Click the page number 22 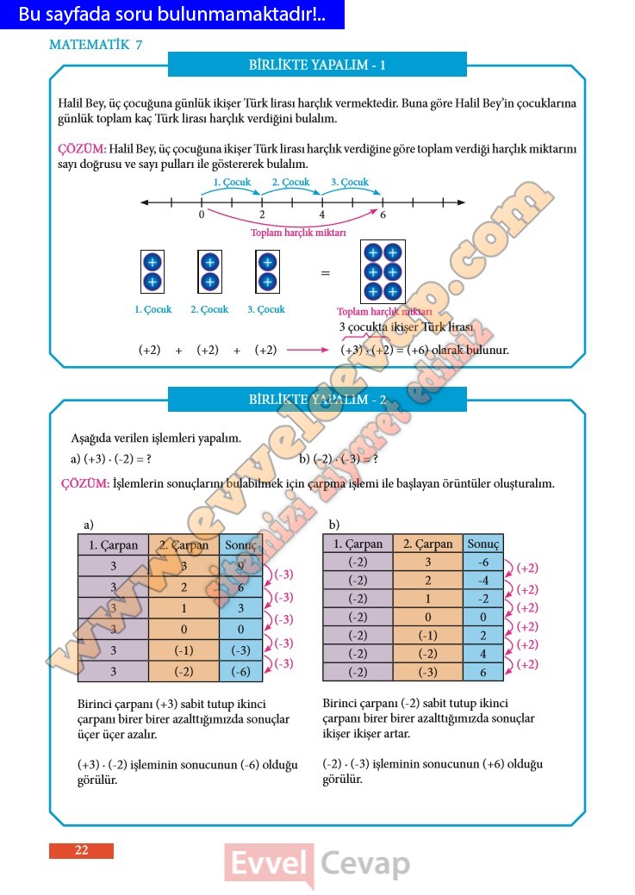coord(81,850)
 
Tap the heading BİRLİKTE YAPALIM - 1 coord(317,65)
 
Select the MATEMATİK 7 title coord(96,45)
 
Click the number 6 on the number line coord(383,215)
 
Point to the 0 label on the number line coord(202,215)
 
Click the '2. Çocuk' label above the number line coord(290,183)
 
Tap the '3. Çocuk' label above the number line coord(350,183)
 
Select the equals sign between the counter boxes coord(326,273)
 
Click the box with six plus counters coord(383,272)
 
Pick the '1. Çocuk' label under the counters coord(153,309)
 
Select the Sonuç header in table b coord(482,544)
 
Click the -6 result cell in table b coord(482,562)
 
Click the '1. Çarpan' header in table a coord(113,544)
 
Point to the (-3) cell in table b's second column coord(427,672)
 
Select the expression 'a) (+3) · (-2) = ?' coord(110,459)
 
